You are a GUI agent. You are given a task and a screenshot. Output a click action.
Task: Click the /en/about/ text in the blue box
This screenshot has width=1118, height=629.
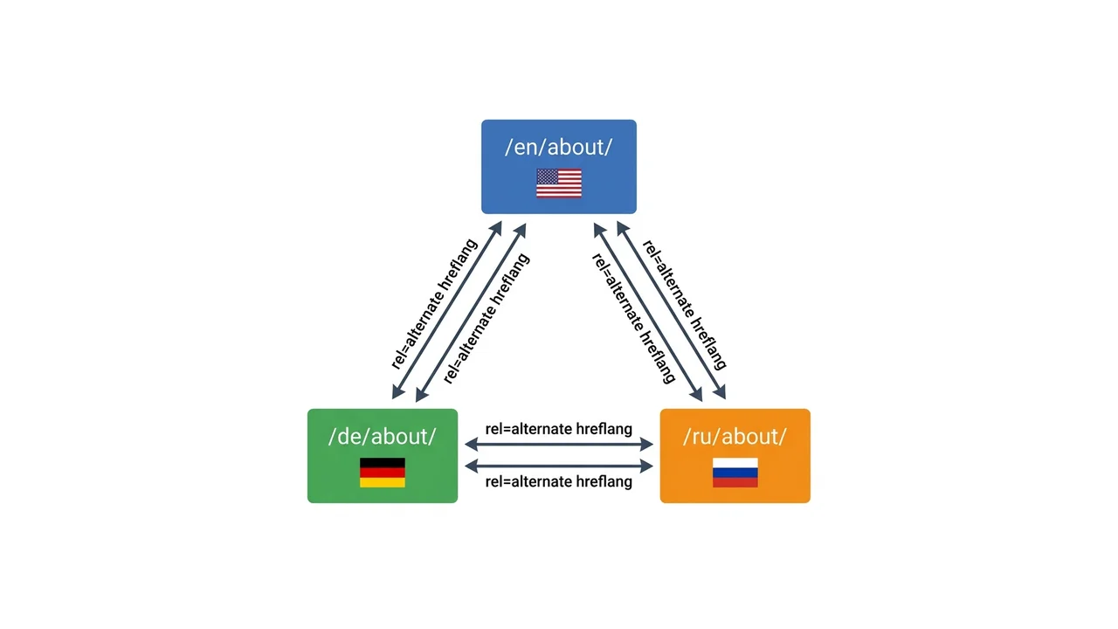click(558, 147)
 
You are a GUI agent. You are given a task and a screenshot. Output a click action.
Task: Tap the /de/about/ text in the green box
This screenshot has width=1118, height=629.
click(383, 436)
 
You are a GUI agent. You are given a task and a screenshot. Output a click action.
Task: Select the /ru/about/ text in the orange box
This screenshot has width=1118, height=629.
click(735, 436)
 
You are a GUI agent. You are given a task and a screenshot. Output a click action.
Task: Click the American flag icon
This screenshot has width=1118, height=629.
click(559, 183)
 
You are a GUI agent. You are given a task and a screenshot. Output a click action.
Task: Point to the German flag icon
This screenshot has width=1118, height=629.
click(383, 473)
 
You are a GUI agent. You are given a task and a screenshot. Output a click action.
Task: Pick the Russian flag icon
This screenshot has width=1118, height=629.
click(735, 473)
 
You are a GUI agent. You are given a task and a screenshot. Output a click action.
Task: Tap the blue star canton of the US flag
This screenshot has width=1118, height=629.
click(547, 176)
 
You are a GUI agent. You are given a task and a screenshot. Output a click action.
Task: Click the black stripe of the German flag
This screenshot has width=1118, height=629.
click(383, 463)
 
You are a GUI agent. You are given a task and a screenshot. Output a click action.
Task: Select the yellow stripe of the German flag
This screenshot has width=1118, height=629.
click(383, 482)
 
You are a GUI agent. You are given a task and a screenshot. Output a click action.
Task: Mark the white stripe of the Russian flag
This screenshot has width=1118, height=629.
click(735, 463)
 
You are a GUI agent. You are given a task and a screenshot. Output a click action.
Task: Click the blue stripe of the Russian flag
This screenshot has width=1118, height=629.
click(735, 473)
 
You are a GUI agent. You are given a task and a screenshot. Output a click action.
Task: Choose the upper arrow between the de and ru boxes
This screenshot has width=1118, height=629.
click(559, 444)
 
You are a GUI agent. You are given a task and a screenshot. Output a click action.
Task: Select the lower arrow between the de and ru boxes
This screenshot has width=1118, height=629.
click(559, 466)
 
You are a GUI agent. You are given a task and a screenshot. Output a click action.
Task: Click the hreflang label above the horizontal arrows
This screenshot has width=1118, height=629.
click(558, 429)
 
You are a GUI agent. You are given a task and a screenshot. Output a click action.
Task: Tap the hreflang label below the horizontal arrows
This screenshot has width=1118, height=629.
click(558, 481)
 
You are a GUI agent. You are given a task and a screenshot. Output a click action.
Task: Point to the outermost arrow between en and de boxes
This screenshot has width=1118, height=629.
click(446, 310)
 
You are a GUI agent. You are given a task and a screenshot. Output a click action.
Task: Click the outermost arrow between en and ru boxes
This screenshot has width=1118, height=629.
click(672, 310)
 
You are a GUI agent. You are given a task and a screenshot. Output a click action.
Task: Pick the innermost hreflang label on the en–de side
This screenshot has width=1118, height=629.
click(487, 319)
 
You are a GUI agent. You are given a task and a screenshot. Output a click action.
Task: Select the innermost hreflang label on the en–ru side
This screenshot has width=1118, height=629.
click(633, 319)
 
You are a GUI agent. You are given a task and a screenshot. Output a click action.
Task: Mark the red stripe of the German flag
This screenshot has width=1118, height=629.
click(383, 473)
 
